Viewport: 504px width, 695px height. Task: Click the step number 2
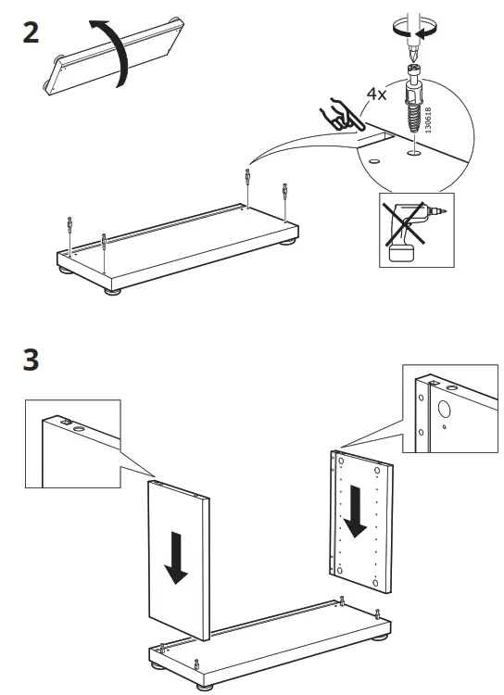click(x=31, y=34)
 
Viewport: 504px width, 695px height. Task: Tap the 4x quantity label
click(x=375, y=95)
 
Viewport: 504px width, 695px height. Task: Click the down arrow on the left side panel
click(x=174, y=557)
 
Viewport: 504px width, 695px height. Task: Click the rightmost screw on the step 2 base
click(x=284, y=194)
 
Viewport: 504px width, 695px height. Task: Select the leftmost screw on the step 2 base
click(x=69, y=225)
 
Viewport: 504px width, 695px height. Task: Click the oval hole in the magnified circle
click(x=373, y=160)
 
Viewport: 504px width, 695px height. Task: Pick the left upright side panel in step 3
click(x=179, y=561)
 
